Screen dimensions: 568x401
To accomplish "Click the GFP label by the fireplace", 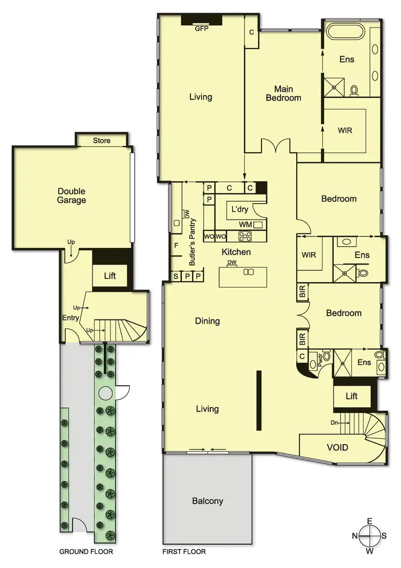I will [x=202, y=29].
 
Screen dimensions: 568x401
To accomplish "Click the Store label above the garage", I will [x=102, y=141].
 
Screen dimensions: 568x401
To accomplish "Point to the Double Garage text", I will [x=72, y=196].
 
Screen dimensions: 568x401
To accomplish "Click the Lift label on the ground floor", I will [x=110, y=276].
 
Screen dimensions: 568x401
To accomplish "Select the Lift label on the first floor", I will [x=351, y=396].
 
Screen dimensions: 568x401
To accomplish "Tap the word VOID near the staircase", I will [x=337, y=447].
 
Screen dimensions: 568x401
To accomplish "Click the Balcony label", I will [x=207, y=501].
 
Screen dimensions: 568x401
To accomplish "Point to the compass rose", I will [x=369, y=535].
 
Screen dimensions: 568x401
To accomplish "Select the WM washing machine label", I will [x=245, y=224].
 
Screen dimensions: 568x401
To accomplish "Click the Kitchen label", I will [x=236, y=252].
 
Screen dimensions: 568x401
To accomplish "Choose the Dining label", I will [x=207, y=321].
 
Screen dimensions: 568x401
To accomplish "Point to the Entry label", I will [x=71, y=318].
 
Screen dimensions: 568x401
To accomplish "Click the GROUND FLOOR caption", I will [x=86, y=551].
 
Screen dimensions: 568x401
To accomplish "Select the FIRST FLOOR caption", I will [x=184, y=551].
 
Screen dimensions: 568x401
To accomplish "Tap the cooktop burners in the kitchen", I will [x=245, y=236].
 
